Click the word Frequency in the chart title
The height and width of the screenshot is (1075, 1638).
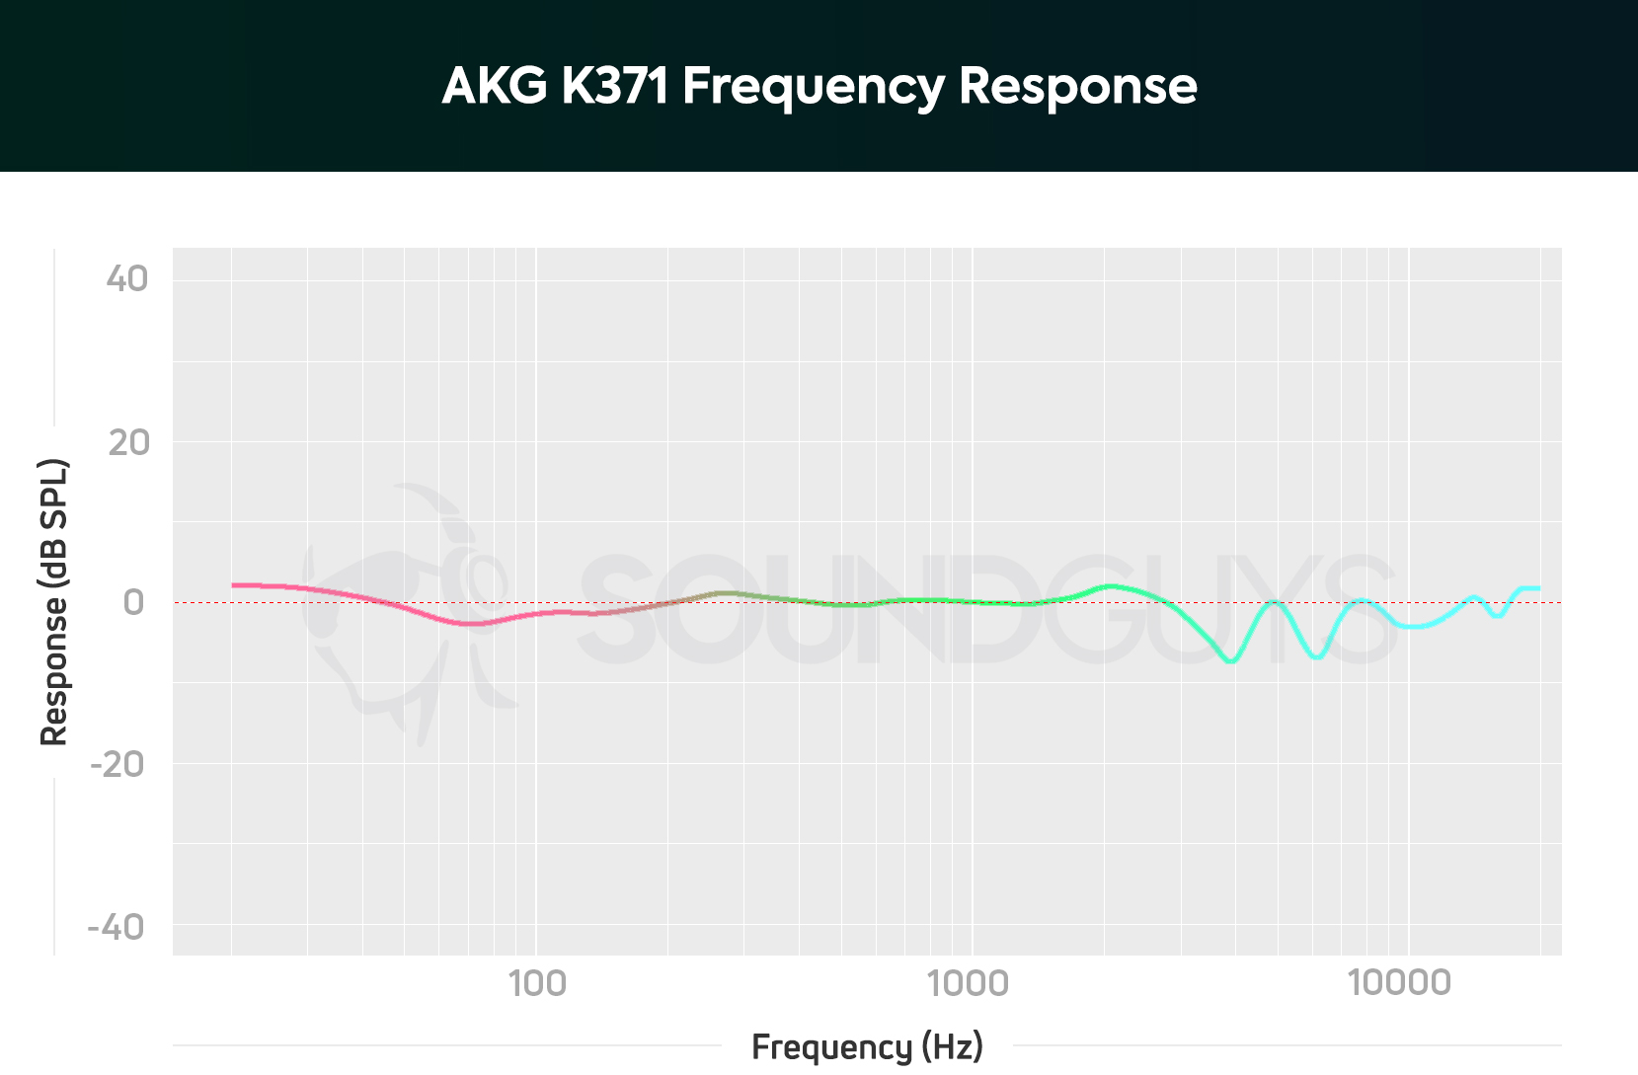(x=814, y=87)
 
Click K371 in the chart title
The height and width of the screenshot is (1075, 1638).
(x=615, y=86)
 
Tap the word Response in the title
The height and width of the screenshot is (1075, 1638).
(x=1077, y=87)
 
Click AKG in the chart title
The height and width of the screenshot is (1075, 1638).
(x=495, y=86)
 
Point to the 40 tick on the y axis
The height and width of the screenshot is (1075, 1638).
(x=127, y=279)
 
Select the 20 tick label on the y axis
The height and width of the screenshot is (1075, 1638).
(x=128, y=443)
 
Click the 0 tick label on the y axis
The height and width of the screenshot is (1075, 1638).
(x=134, y=602)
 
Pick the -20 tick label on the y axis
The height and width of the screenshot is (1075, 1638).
(x=117, y=764)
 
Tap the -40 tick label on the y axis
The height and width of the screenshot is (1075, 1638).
(x=116, y=927)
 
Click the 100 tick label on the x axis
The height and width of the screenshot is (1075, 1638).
(x=537, y=983)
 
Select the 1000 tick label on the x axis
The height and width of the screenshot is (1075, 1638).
(x=968, y=983)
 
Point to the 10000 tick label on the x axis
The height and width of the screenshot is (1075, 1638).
(x=1399, y=983)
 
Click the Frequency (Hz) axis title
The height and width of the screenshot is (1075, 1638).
(x=867, y=1046)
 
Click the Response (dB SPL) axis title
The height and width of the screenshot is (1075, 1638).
(x=53, y=602)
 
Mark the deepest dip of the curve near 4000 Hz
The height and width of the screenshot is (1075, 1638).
(x=1230, y=660)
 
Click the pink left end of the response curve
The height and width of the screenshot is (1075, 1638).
(x=235, y=585)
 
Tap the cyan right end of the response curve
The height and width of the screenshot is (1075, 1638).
(x=1536, y=588)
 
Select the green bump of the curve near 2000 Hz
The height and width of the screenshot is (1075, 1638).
(x=1112, y=586)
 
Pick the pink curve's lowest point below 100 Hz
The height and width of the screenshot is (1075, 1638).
(x=472, y=623)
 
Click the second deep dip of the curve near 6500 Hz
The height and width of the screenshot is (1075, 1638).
(x=1317, y=656)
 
